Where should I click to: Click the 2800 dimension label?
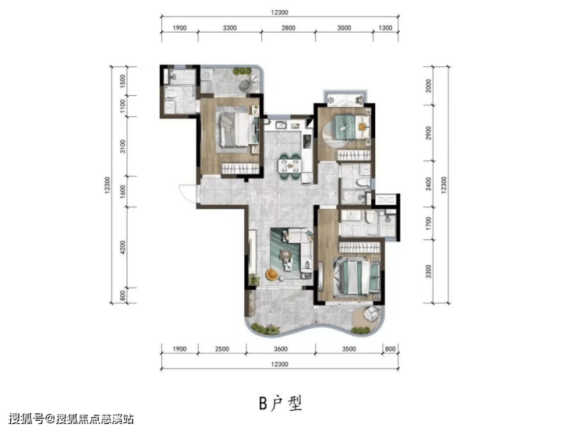pyautogui.click(x=288, y=28)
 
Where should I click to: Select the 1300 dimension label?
pyautogui.click(x=385, y=28)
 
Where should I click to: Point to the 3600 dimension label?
pyautogui.click(x=281, y=349)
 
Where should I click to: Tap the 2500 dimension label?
pyautogui.click(x=222, y=349)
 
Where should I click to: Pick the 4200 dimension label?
pyautogui.click(x=123, y=247)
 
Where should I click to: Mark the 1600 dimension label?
pyautogui.click(x=123, y=192)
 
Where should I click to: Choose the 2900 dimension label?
pyautogui.click(x=428, y=133)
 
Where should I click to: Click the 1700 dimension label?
pyautogui.click(x=428, y=223)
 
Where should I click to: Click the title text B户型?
pyautogui.click(x=281, y=403)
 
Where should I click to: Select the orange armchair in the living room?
pyautogui.click(x=271, y=274)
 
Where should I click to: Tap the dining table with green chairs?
pyautogui.click(x=289, y=166)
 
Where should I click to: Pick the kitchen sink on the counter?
pyautogui.click(x=282, y=125)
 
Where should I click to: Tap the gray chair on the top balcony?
pyautogui.click(x=245, y=86)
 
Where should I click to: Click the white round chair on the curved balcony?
pyautogui.click(x=370, y=313)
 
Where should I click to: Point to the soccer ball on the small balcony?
pyautogui.click(x=331, y=99)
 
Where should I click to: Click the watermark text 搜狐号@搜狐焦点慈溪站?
pyautogui.click(x=71, y=419)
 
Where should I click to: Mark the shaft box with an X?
pyautogui.click(x=385, y=200)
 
